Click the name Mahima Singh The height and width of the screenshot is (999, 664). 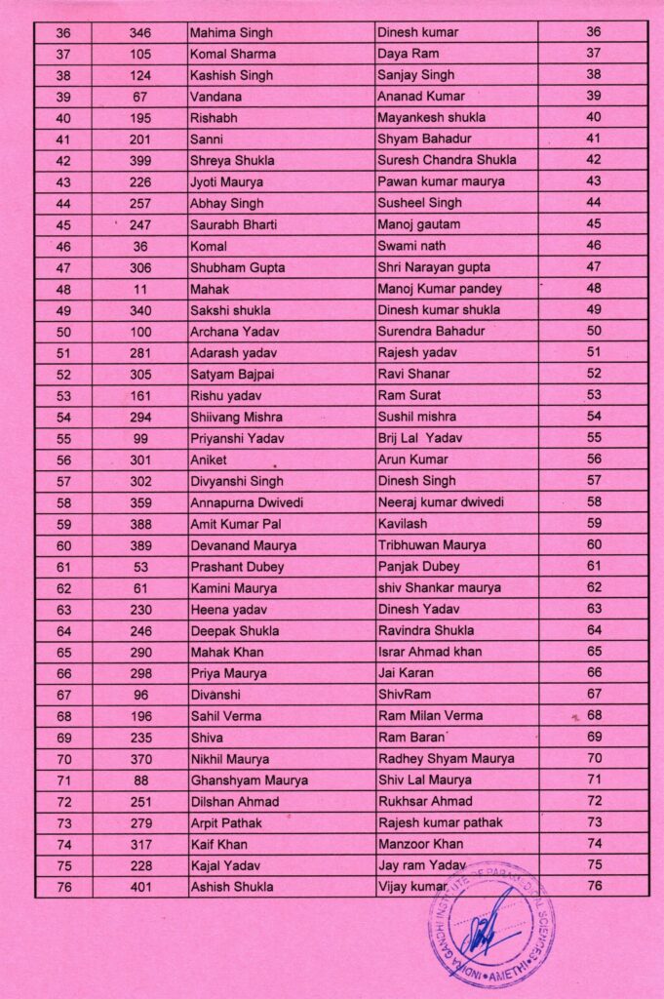[x=226, y=33]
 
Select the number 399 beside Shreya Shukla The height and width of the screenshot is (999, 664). [x=139, y=161]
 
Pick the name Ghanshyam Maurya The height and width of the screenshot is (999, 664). [x=249, y=780]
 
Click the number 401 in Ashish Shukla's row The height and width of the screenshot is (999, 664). [x=139, y=887]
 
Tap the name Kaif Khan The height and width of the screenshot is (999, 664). [x=218, y=845]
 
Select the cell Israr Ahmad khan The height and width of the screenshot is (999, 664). [x=429, y=652]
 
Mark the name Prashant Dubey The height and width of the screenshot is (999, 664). [x=237, y=567]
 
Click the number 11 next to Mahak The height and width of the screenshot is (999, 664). [x=139, y=289]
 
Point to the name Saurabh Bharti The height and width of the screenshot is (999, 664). [x=233, y=225]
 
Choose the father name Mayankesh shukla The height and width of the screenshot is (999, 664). [x=431, y=118]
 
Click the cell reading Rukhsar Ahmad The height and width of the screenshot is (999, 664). [x=425, y=802]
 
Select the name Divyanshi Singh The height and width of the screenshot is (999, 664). [x=237, y=481]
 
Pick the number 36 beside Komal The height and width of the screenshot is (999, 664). [x=139, y=247]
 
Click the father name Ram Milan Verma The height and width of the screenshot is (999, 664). [x=430, y=716]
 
